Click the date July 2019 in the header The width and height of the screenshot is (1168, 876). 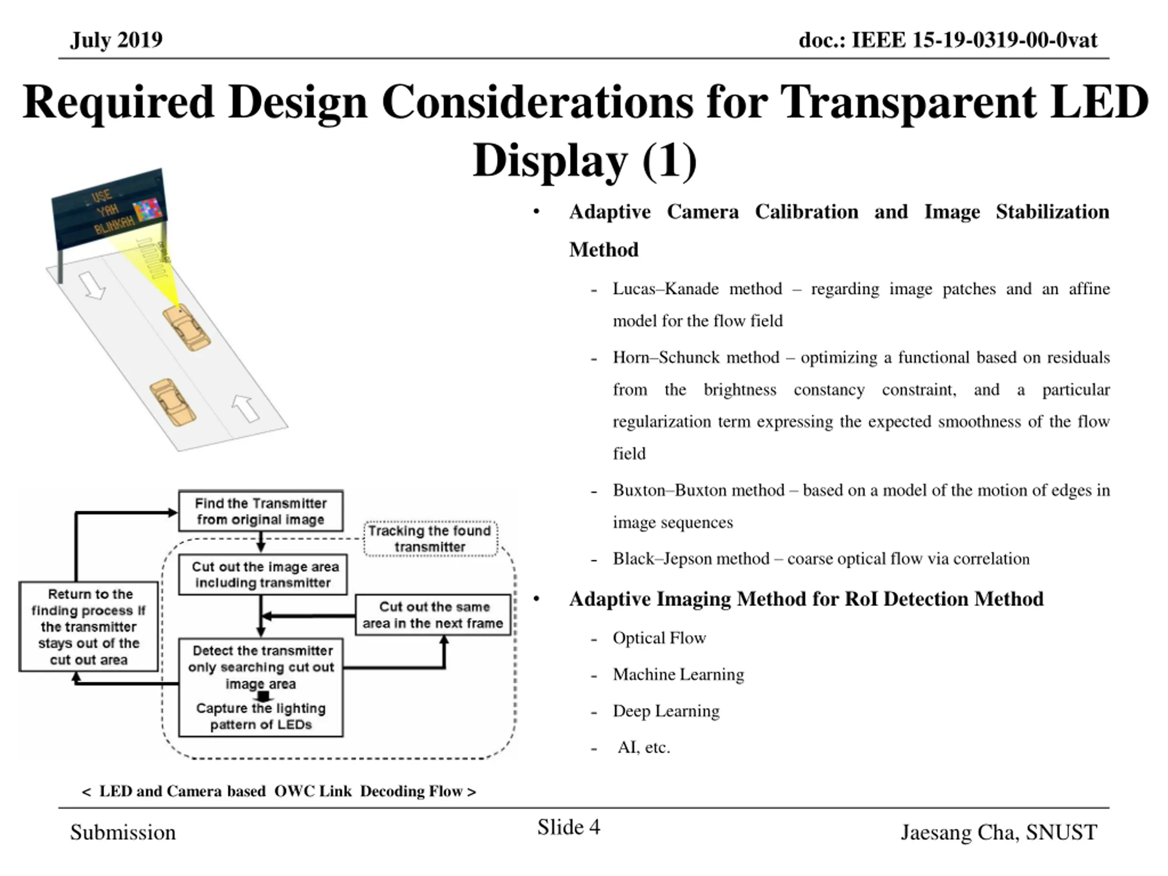[116, 40]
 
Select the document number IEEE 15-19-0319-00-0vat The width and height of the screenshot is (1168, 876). [948, 40]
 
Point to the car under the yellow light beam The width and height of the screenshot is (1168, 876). [186, 328]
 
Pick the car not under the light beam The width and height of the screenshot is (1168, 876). [172, 402]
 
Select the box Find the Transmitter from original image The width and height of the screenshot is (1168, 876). [261, 511]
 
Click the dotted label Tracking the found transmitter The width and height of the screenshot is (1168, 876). [430, 538]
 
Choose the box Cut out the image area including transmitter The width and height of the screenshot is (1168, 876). [263, 574]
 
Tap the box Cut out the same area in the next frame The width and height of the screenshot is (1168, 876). [433, 615]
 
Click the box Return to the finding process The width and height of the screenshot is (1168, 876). [89, 627]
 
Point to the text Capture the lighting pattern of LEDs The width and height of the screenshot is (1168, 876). [261, 716]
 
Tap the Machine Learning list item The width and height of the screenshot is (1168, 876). [678, 674]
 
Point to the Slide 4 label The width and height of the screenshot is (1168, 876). [568, 827]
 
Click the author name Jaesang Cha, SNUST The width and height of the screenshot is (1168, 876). [998, 833]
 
